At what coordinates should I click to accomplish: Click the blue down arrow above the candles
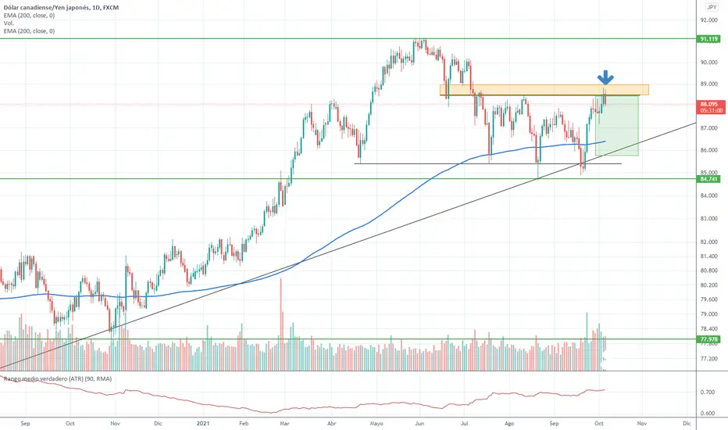pos(605,77)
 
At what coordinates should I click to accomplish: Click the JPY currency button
pos(711,5)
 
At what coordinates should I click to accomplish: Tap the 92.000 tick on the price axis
pos(708,20)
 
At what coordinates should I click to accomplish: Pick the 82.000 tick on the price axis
pos(708,241)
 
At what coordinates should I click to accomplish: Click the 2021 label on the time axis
pos(202,423)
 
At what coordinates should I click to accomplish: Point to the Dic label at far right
pos(687,423)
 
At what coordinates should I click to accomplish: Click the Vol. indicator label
pos(8,23)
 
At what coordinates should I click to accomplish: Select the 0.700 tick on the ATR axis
pos(708,392)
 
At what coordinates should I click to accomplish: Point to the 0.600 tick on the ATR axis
pos(708,414)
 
